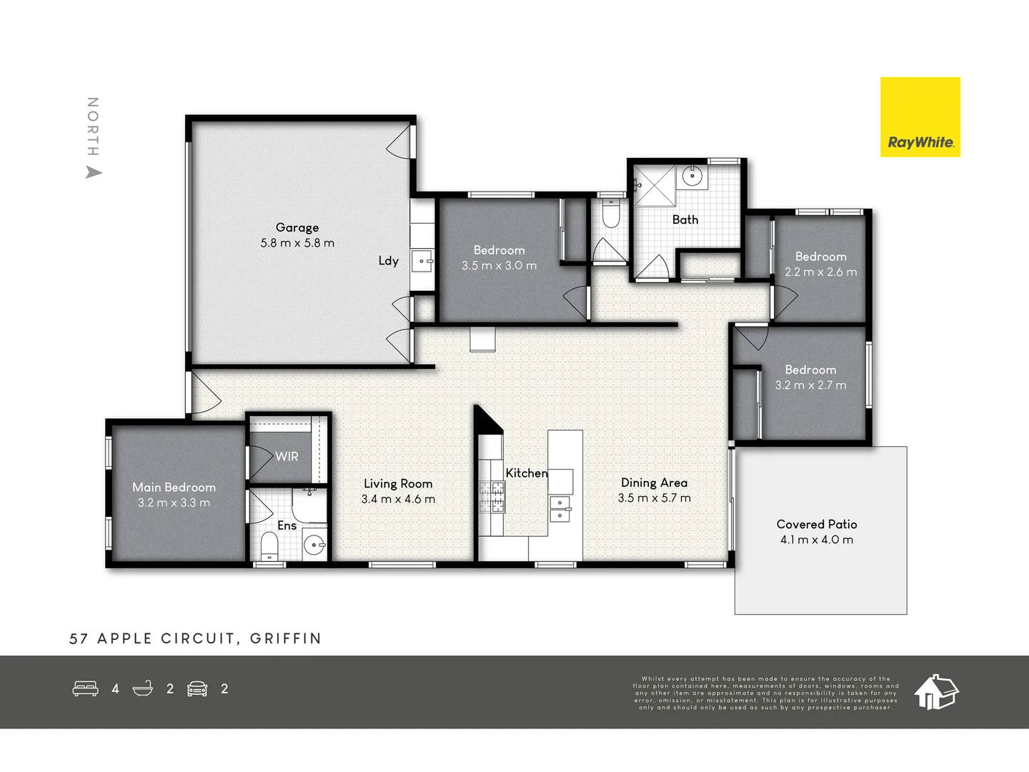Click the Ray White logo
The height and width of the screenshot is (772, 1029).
pyautogui.click(x=920, y=117)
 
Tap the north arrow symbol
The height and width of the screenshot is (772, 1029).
pyautogui.click(x=94, y=172)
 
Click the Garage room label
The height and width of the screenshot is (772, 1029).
pyautogui.click(x=297, y=227)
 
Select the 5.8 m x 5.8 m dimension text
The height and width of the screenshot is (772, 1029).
pyautogui.click(x=297, y=243)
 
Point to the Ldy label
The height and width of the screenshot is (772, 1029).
pyautogui.click(x=388, y=261)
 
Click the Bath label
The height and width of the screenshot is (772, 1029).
pyautogui.click(x=685, y=219)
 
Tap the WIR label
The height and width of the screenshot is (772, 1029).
pyautogui.click(x=287, y=456)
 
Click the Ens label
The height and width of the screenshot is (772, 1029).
pyautogui.click(x=287, y=525)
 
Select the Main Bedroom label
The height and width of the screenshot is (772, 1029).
pyautogui.click(x=174, y=487)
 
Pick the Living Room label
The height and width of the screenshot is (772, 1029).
pyautogui.click(x=398, y=484)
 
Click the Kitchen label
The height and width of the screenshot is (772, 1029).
pyautogui.click(x=526, y=473)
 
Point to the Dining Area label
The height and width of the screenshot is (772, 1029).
pyautogui.click(x=654, y=482)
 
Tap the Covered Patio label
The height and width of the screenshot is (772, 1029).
pyautogui.click(x=817, y=524)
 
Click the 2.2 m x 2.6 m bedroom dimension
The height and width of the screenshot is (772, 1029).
pyautogui.click(x=820, y=272)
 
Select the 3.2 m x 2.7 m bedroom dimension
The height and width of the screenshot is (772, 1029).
pyautogui.click(x=810, y=385)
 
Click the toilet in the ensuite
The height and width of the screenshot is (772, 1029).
pyautogui.click(x=269, y=547)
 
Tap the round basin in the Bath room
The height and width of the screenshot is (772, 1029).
pyautogui.click(x=691, y=175)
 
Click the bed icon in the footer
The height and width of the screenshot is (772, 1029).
pyautogui.click(x=86, y=688)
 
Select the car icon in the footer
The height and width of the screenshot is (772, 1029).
pyautogui.click(x=197, y=688)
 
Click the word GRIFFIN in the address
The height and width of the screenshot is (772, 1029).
pyautogui.click(x=286, y=638)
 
